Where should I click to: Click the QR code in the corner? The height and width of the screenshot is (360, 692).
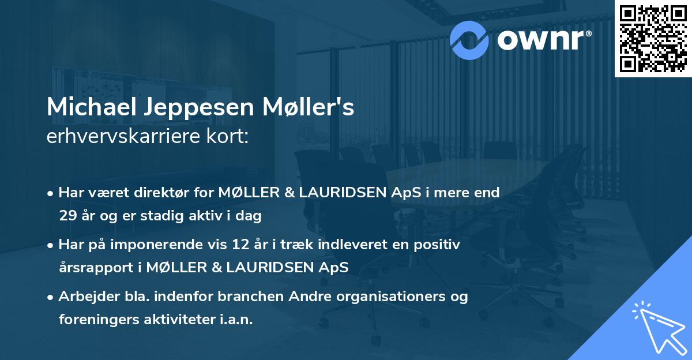(x=653, y=38)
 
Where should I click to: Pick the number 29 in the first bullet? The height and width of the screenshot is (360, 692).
(x=67, y=216)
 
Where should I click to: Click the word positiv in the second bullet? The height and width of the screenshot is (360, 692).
(x=439, y=245)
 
